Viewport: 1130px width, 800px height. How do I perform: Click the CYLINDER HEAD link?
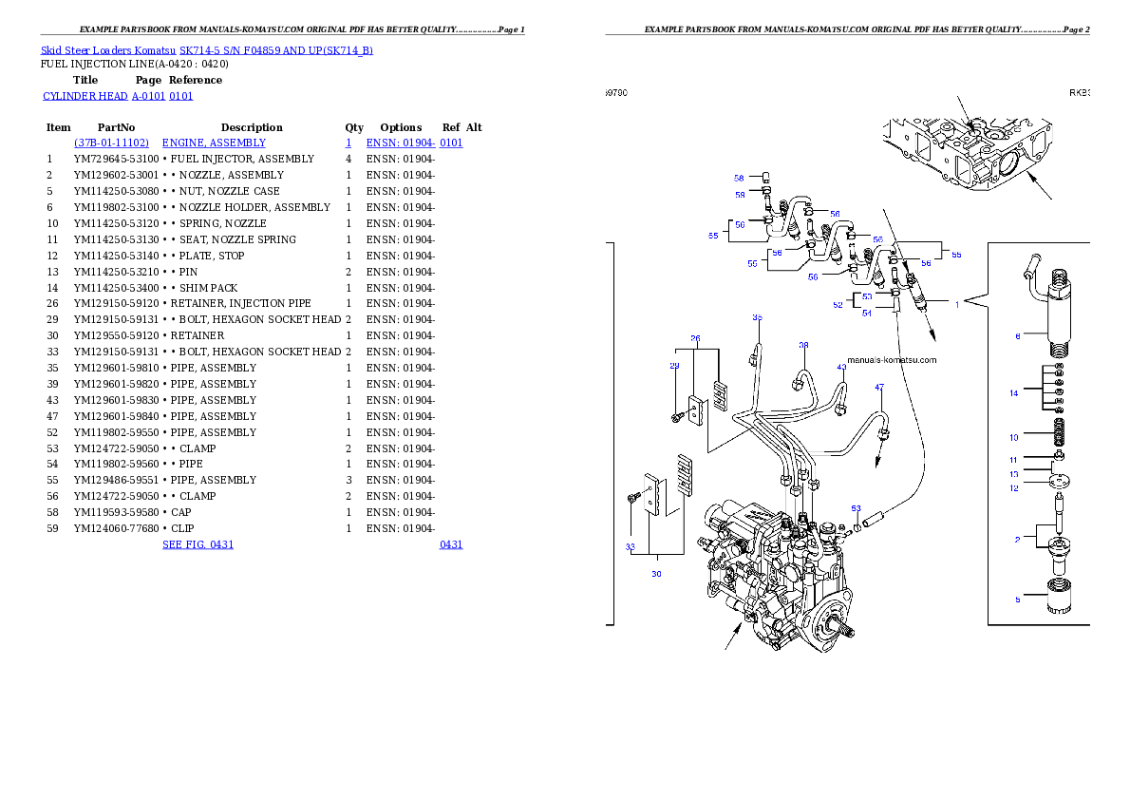coord(85,96)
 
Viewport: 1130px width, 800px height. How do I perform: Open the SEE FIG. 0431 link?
coord(198,544)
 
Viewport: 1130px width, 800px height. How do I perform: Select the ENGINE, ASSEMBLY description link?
coord(214,143)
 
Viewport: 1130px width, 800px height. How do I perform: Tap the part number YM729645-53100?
coord(116,159)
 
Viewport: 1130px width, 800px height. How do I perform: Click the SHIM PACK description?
coord(208,288)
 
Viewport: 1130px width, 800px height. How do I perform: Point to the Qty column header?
coord(354,127)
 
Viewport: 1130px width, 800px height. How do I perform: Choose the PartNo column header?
coord(116,127)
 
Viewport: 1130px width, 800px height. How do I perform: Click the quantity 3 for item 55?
coord(348,481)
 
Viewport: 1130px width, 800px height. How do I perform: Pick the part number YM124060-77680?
coord(116,529)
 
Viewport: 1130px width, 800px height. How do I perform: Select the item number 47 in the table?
coord(52,416)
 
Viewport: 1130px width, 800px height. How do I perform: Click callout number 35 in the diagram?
coord(758,317)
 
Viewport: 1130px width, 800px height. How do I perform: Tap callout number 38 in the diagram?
coord(803,345)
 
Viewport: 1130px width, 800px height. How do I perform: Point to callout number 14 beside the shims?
coord(1014,393)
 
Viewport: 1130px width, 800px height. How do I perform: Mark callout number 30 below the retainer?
coord(656,574)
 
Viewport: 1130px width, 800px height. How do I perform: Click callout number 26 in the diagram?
coord(695,338)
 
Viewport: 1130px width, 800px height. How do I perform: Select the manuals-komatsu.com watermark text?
coord(893,360)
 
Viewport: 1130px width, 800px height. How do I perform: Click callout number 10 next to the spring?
coord(1014,438)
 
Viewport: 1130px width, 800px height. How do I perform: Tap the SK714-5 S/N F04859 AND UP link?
coord(276,50)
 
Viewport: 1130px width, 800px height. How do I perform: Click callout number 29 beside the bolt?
coord(674,366)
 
